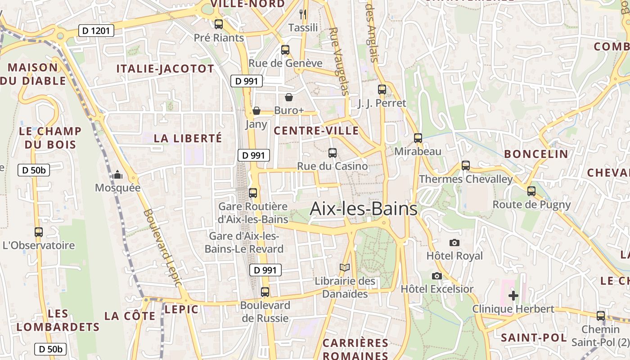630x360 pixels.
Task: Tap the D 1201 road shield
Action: pyautogui.click(x=96, y=31)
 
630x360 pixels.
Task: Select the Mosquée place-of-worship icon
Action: pyautogui.click(x=117, y=175)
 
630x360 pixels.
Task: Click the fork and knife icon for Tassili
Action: pyautogui.click(x=303, y=14)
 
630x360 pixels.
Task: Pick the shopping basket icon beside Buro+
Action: pyautogui.click(x=289, y=97)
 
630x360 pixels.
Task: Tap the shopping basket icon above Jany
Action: pyautogui.click(x=256, y=111)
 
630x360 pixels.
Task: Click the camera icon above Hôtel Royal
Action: pyautogui.click(x=454, y=243)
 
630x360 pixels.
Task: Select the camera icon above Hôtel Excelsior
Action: pyautogui.click(x=436, y=276)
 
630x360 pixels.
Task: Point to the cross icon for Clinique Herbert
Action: pyautogui.click(x=513, y=296)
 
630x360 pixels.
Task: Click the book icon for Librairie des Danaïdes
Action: pyautogui.click(x=345, y=268)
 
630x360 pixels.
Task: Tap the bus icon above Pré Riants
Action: pyautogui.click(x=219, y=24)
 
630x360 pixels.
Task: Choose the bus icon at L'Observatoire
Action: pyautogui.click(x=39, y=232)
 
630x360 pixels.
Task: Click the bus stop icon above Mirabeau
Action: pyautogui.click(x=418, y=138)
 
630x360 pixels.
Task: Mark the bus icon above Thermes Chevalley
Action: pyautogui.click(x=466, y=166)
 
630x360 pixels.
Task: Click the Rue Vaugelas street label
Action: pyautogui.click(x=339, y=61)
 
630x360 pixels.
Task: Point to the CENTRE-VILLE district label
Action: pyautogui.click(x=316, y=131)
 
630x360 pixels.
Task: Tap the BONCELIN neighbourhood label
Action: pyautogui.click(x=536, y=154)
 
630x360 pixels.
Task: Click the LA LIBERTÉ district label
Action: pyautogui.click(x=188, y=138)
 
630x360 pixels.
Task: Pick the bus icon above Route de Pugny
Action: pyautogui.click(x=531, y=191)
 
